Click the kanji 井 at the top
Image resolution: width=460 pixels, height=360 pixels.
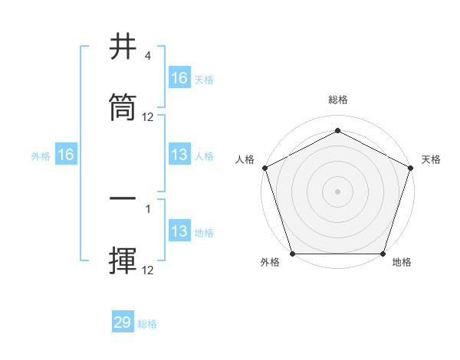[123, 48]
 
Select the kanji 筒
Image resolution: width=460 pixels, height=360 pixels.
[123, 109]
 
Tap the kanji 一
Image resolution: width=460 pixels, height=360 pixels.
[123, 198]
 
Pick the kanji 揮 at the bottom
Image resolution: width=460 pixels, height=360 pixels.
[123, 260]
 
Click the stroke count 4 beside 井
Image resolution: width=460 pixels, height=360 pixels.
[148, 56]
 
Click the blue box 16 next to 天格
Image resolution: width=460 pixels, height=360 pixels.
[179, 77]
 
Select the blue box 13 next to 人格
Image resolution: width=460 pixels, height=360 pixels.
[179, 155]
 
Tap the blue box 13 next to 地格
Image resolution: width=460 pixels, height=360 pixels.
[179, 231]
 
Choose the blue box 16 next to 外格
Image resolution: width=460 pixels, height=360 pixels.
[66, 155]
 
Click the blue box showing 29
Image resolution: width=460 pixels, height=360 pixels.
[123, 322]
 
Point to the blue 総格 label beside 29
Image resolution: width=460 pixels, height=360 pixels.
[147, 324]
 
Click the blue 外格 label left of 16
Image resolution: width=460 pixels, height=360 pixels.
[41, 155]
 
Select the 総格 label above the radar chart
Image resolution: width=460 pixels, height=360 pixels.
[337, 100]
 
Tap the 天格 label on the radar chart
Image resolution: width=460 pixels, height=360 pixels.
[431, 159]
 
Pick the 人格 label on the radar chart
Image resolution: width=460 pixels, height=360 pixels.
[245, 159]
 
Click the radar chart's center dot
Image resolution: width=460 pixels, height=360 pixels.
[337, 191]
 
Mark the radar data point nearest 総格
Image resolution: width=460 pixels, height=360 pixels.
[337, 130]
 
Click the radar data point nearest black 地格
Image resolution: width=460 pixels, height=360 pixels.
[383, 254]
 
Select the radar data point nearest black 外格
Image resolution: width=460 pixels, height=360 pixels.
[292, 254]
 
